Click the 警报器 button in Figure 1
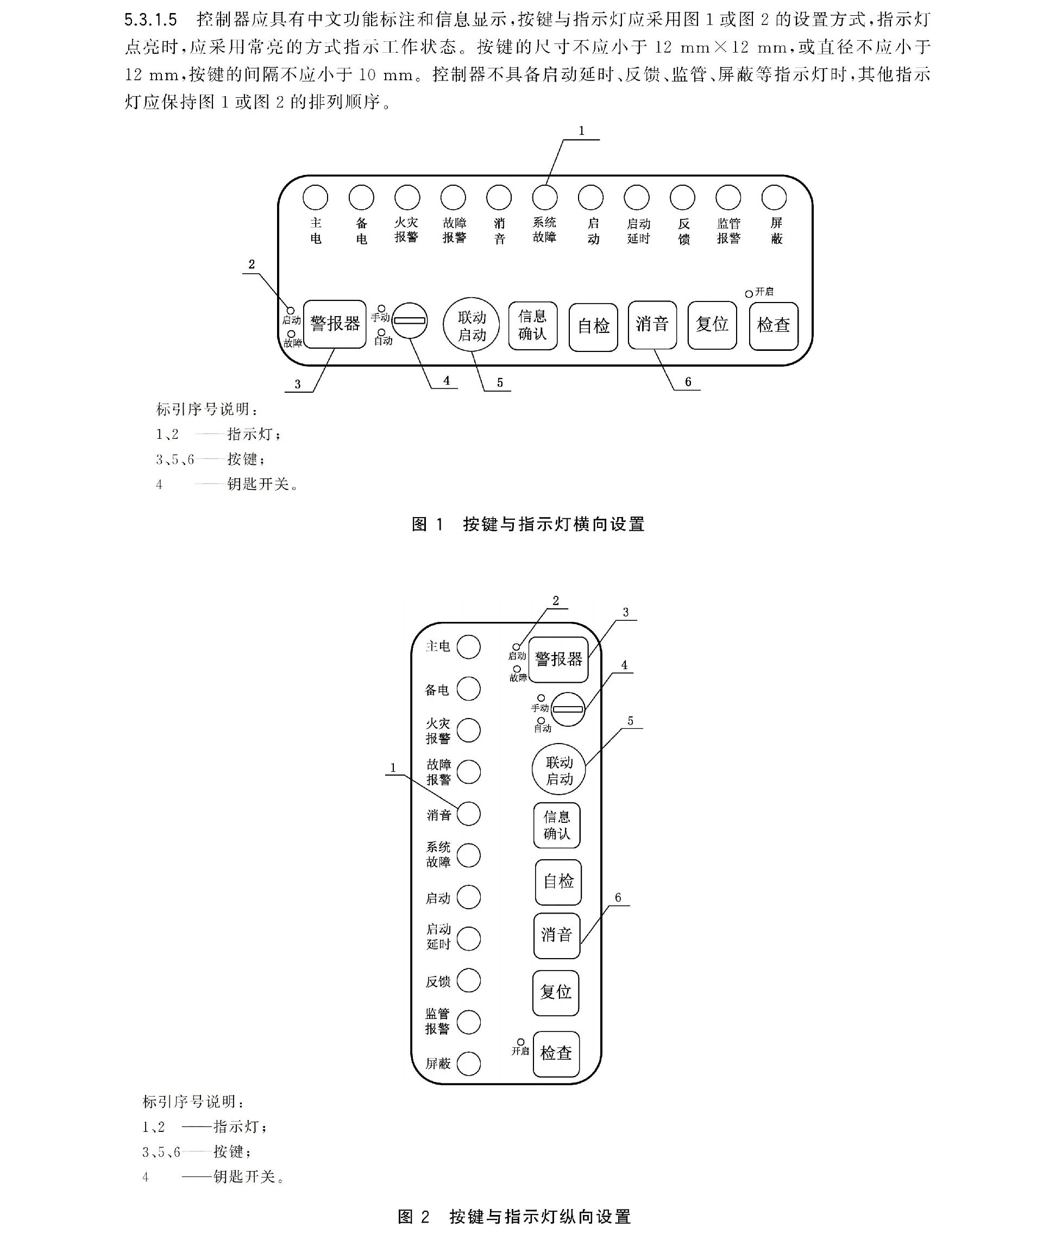pyautogui.click(x=335, y=324)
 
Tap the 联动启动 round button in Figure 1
pyautogui.click(x=471, y=325)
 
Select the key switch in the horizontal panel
pyautogui.click(x=410, y=321)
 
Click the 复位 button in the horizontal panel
pyautogui.click(x=712, y=325)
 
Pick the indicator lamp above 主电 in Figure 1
pyautogui.click(x=315, y=197)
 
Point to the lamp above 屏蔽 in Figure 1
pyautogui.click(x=774, y=197)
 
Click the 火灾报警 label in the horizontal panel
pyautogui.click(x=406, y=230)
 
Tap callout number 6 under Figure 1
pyautogui.click(x=688, y=382)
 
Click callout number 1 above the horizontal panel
pyautogui.click(x=581, y=130)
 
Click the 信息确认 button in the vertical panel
pyautogui.click(x=556, y=825)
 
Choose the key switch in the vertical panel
pyautogui.click(x=568, y=709)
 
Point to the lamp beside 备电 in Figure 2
pyautogui.click(x=468, y=689)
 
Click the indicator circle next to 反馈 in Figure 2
pyautogui.click(x=468, y=980)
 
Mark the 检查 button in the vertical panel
pyautogui.click(x=556, y=1053)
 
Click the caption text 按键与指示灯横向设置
pyautogui.click(x=554, y=524)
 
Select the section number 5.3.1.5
pyautogui.click(x=151, y=20)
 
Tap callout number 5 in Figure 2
pyautogui.click(x=630, y=721)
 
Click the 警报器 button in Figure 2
pyautogui.click(x=558, y=659)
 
